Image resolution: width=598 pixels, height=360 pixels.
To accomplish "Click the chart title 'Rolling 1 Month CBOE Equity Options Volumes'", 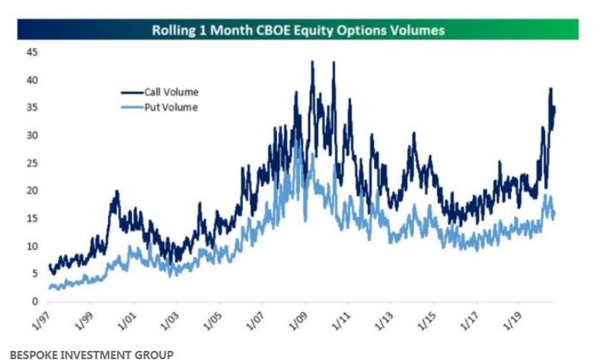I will [x=298, y=31].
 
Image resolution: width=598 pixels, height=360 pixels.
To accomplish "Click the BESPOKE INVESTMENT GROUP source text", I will [x=86, y=353].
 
